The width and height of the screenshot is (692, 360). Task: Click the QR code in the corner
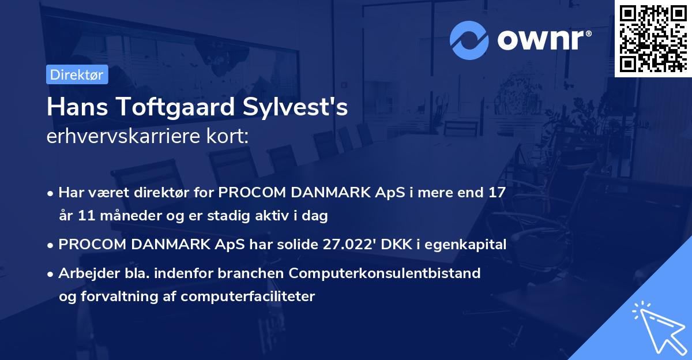pyautogui.click(x=653, y=38)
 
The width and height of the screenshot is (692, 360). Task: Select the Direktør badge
pyautogui.click(x=77, y=74)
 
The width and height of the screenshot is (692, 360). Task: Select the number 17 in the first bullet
pyautogui.click(x=497, y=193)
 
